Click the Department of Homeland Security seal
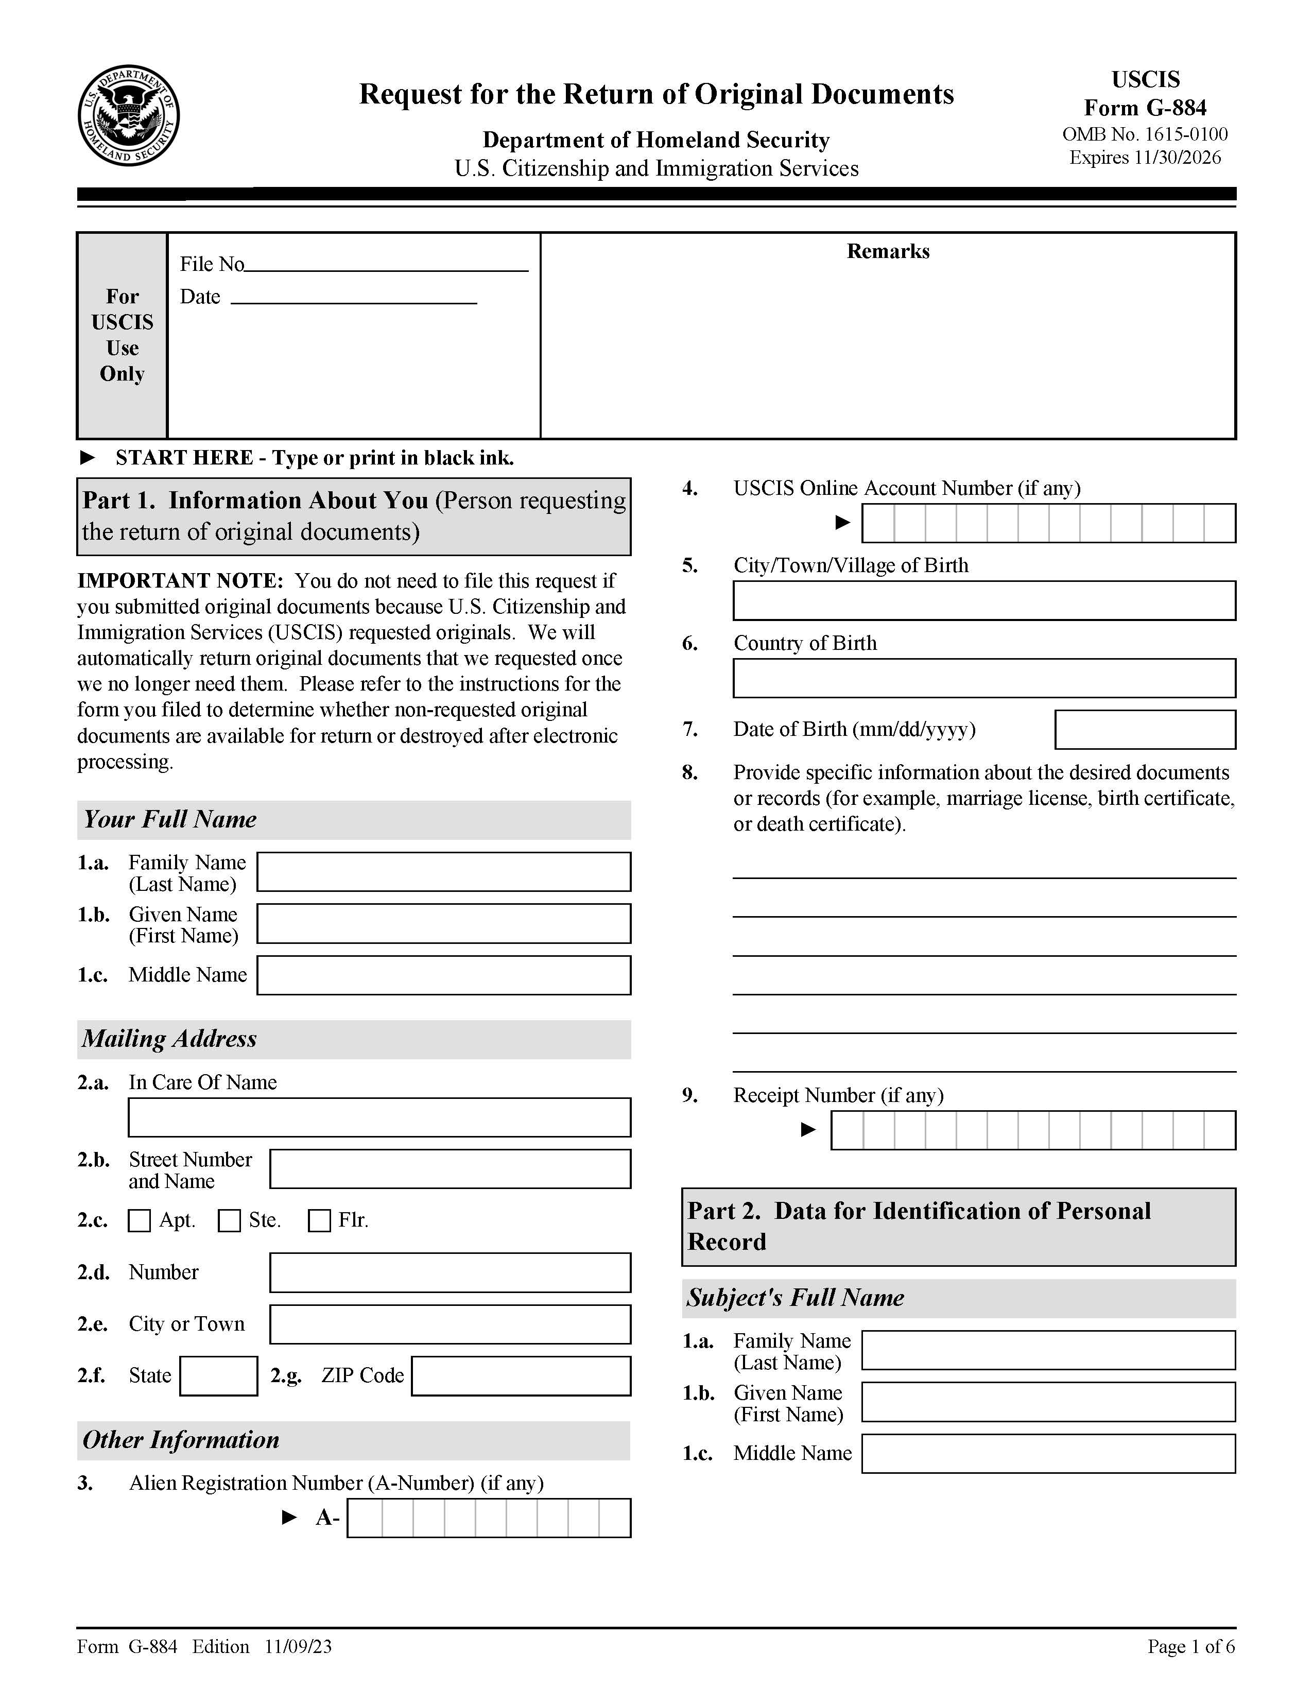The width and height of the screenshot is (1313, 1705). [x=128, y=115]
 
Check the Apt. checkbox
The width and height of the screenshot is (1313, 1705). [x=139, y=1220]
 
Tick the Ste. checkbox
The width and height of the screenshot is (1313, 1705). [x=229, y=1220]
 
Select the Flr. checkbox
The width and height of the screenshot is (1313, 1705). [x=319, y=1220]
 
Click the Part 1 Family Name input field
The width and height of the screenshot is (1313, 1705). [x=443, y=871]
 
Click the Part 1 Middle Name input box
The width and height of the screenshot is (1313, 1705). [x=443, y=975]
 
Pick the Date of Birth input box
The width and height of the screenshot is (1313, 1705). [x=1145, y=729]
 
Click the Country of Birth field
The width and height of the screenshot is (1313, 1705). [x=983, y=678]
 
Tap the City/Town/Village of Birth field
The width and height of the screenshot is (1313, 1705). [x=983, y=600]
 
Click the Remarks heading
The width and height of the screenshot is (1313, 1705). [x=888, y=251]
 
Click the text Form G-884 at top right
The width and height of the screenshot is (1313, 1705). [x=1145, y=108]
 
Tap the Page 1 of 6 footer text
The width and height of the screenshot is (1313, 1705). [x=1190, y=1646]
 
